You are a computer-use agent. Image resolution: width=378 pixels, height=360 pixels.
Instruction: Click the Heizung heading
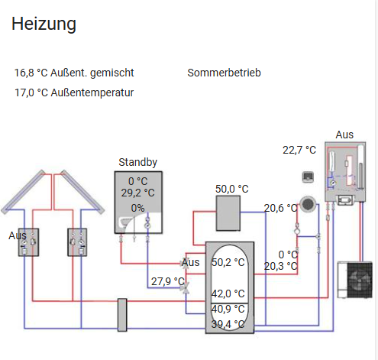pyautogui.click(x=44, y=24)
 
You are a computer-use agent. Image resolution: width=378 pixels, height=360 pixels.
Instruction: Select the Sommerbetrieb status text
pyautogui.click(x=224, y=73)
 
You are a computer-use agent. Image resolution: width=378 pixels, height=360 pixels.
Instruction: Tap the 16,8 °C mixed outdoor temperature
pyautogui.click(x=74, y=73)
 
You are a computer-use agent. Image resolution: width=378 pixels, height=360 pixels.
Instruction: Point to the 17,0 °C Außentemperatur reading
pyautogui.click(x=74, y=92)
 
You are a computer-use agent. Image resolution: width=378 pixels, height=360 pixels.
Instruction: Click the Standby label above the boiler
pyautogui.click(x=138, y=162)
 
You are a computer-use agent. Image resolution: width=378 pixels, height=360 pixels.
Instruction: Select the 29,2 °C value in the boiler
pyautogui.click(x=137, y=193)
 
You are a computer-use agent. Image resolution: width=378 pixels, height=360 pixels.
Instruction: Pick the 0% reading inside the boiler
pyautogui.click(x=137, y=208)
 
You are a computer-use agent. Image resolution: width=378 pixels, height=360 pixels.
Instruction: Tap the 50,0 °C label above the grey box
pyautogui.click(x=232, y=189)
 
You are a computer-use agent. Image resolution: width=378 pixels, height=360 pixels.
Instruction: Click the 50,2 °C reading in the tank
pyautogui.click(x=228, y=262)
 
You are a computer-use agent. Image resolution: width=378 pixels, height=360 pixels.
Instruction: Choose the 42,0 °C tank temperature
pyautogui.click(x=228, y=294)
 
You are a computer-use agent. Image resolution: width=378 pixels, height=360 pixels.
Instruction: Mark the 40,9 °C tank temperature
pyautogui.click(x=228, y=309)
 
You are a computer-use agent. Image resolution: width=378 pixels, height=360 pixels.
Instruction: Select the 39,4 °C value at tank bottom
pyautogui.click(x=228, y=324)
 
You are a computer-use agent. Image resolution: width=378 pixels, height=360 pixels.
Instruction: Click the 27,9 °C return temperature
pyautogui.click(x=168, y=281)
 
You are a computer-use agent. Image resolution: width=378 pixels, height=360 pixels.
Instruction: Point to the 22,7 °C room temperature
pyautogui.click(x=299, y=150)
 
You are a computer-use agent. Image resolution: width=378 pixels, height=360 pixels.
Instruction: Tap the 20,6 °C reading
pyautogui.click(x=280, y=208)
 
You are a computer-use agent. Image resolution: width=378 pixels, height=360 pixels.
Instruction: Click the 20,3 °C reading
pyautogui.click(x=280, y=266)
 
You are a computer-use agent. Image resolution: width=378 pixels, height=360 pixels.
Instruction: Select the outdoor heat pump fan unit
pyautogui.click(x=355, y=280)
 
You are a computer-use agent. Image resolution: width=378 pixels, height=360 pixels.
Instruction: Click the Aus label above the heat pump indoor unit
pyautogui.click(x=344, y=135)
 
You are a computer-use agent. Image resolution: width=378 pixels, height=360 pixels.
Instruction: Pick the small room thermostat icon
pyautogui.click(x=308, y=177)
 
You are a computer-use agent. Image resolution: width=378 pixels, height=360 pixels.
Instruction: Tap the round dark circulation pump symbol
pyautogui.click(x=308, y=204)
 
